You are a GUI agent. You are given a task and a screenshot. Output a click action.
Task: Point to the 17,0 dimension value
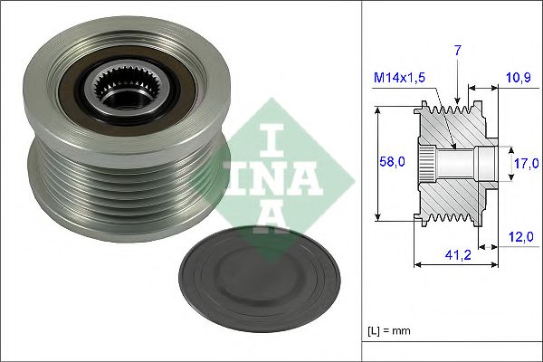coord(525,163)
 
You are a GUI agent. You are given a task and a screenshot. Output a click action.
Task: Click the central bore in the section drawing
coord(452,164)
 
